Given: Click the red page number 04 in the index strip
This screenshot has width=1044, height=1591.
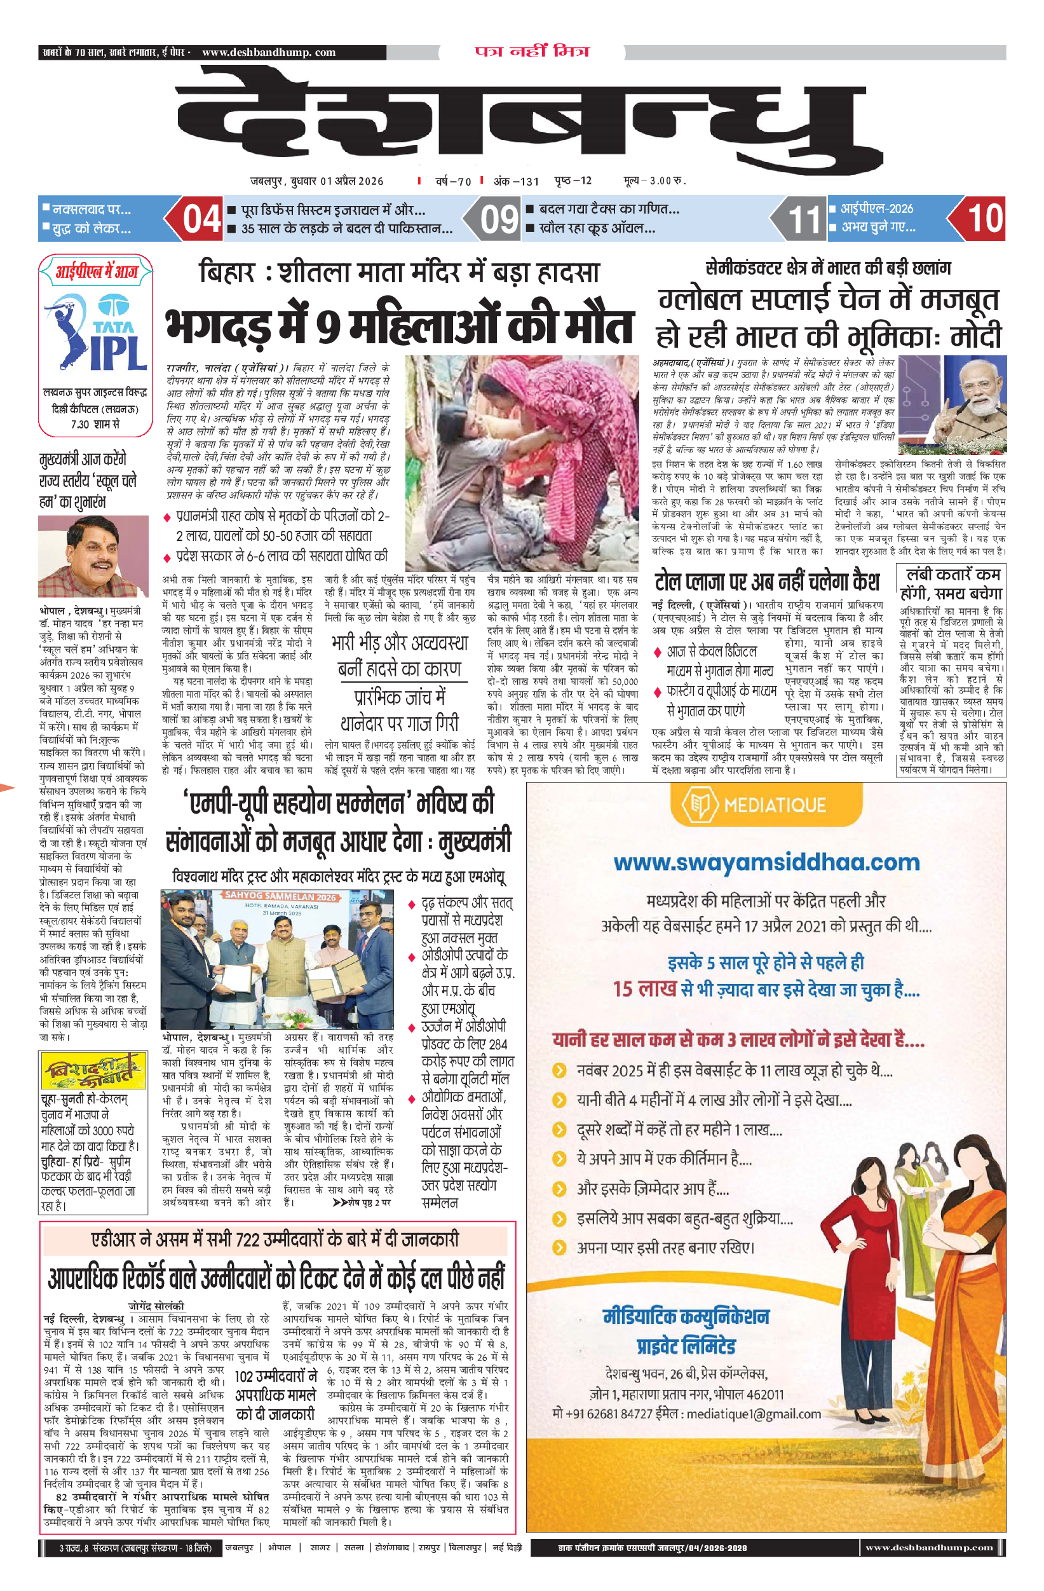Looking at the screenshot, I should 201,219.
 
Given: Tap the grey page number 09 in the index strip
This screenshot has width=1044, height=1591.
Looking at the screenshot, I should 499,219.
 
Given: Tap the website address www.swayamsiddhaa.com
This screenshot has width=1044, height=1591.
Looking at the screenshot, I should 766,863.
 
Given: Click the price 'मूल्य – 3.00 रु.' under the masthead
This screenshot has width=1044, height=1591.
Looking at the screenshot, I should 654,181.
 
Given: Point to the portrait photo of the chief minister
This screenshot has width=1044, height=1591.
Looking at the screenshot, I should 93,556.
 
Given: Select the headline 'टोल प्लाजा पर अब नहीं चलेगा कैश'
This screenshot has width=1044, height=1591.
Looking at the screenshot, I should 766,582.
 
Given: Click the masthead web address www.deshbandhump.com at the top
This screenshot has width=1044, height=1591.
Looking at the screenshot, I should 269,52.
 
